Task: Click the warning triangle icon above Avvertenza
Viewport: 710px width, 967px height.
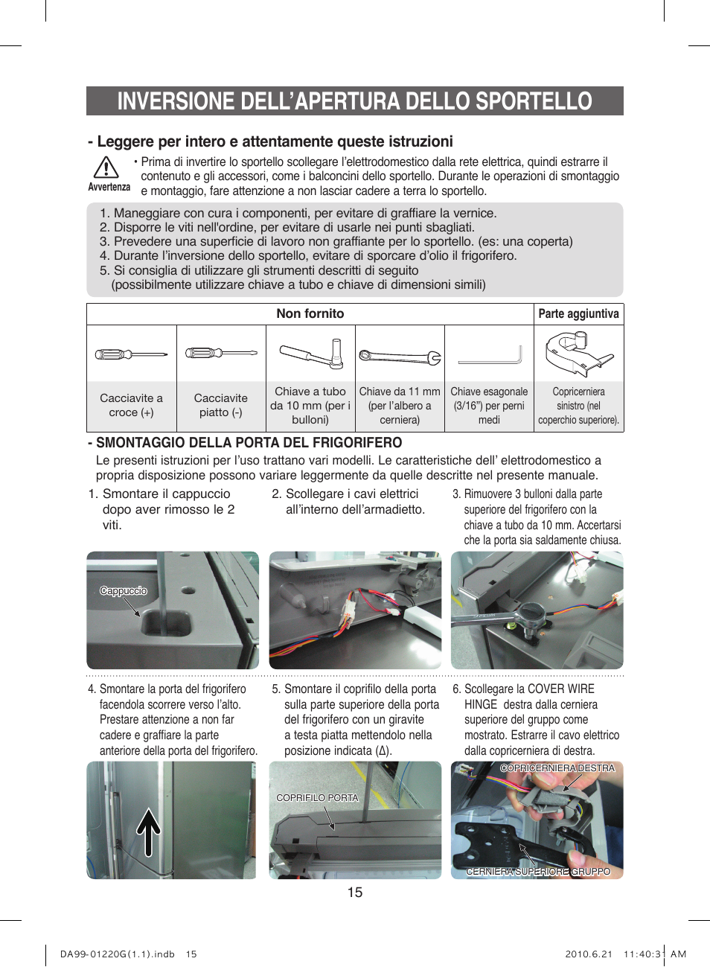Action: point(106,167)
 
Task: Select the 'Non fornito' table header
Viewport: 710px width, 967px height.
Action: point(310,313)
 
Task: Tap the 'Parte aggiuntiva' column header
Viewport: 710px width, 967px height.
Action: point(578,313)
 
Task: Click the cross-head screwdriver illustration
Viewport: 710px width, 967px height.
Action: point(131,354)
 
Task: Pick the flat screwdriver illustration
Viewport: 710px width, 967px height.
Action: point(221,354)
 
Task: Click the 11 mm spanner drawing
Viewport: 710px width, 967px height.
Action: point(400,357)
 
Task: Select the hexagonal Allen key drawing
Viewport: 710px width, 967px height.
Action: point(490,356)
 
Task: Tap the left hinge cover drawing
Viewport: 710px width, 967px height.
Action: point(578,354)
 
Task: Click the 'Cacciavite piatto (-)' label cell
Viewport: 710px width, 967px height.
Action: point(221,405)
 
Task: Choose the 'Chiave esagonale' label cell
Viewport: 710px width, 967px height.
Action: point(489,406)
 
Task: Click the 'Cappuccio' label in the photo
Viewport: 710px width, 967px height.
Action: point(124,591)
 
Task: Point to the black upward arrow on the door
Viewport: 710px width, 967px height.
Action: point(149,832)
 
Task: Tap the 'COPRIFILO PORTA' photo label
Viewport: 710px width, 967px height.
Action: point(317,797)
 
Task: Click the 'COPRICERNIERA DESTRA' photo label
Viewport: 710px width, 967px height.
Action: point(557,768)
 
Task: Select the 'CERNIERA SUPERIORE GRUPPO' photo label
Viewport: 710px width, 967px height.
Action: point(538,871)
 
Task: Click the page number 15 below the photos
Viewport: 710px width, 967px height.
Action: point(355,892)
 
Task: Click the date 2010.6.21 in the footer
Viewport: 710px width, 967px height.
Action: point(588,954)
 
